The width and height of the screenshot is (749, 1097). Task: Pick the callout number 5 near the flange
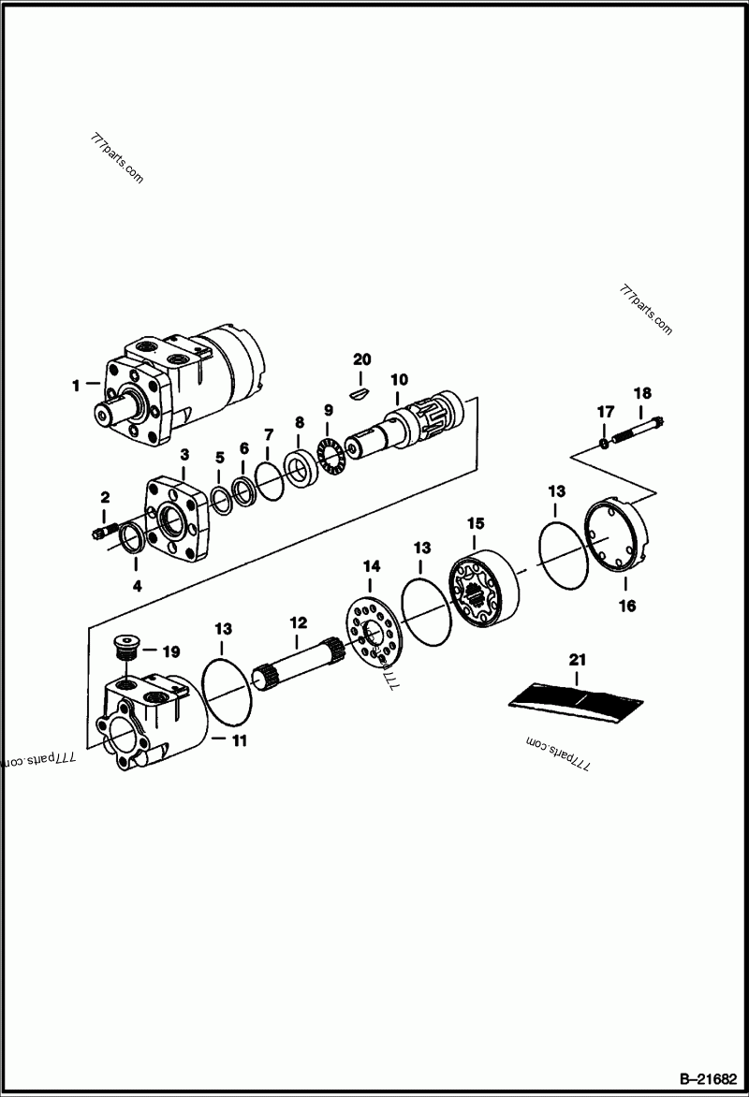(220, 458)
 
